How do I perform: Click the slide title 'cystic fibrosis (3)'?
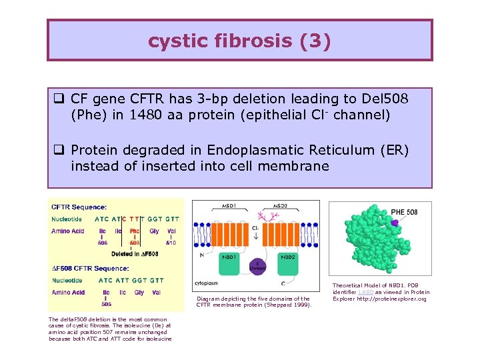(x=239, y=41)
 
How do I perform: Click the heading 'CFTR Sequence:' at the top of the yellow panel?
(x=79, y=207)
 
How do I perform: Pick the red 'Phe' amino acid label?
(x=135, y=231)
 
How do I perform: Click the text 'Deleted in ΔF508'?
(x=135, y=254)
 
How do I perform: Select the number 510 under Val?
(x=172, y=243)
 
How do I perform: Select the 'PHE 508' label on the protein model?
(x=404, y=212)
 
